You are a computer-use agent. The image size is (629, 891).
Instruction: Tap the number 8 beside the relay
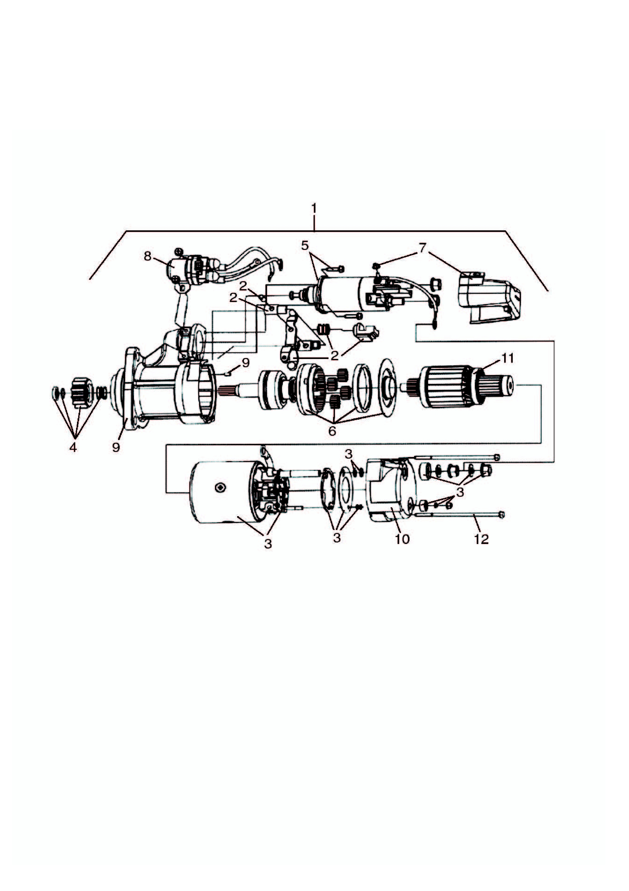coord(147,257)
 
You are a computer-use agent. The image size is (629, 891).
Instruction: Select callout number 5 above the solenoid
coord(305,246)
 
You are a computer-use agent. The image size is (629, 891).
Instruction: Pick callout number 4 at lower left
coord(73,447)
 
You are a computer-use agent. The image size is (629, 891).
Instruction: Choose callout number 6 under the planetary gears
coord(332,431)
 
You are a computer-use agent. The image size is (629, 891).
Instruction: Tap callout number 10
coord(402,539)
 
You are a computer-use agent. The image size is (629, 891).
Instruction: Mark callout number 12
coord(481,539)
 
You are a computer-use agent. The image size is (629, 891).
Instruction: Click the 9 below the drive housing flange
coord(116,447)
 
